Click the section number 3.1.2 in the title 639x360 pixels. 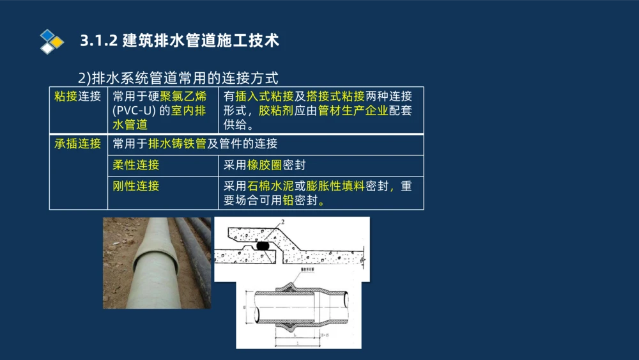[98, 41]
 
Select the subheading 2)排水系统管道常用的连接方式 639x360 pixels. [178, 79]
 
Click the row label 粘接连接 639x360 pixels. [78, 97]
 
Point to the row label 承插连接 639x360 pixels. [78, 144]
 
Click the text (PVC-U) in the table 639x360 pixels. [134, 111]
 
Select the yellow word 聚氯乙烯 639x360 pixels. [183, 97]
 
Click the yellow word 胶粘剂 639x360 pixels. [276, 111]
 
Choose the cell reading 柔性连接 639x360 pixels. [136, 165]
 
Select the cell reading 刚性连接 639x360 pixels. [136, 186]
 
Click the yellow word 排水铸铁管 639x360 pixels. [178, 144]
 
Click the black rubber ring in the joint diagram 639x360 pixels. [261, 244]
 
